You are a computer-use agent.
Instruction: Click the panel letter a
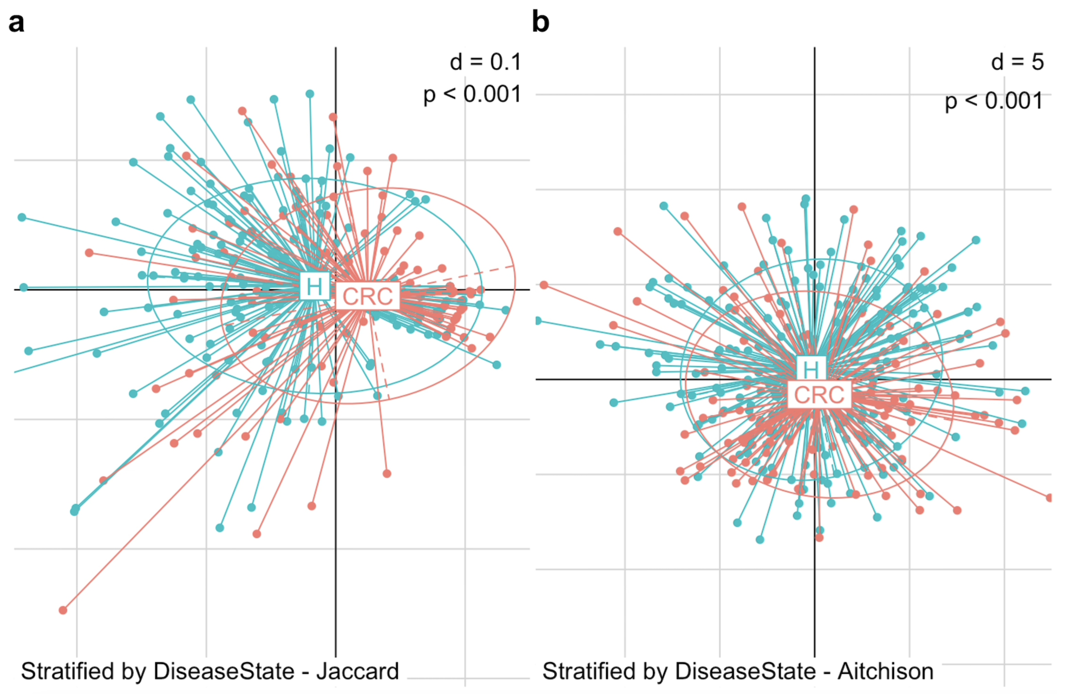point(16,22)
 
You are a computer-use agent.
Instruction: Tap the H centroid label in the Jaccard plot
point(314,286)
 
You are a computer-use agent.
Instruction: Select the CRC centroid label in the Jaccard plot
point(368,296)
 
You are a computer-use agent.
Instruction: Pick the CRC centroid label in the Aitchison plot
point(819,395)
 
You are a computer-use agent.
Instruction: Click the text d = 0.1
point(486,62)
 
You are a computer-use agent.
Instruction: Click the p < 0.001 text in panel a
point(472,95)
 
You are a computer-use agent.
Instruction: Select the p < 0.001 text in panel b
point(994,101)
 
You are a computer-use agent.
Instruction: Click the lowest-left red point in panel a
point(63,610)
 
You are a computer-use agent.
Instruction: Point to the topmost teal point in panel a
point(310,94)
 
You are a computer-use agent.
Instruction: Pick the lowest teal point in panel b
point(760,540)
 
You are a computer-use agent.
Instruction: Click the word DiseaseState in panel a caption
point(224,671)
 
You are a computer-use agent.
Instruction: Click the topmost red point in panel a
point(242,111)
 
